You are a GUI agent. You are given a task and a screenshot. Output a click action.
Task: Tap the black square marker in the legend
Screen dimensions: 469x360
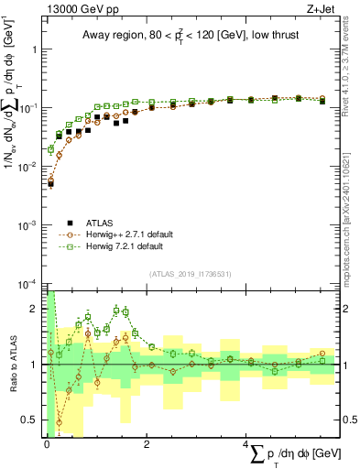point(71,223)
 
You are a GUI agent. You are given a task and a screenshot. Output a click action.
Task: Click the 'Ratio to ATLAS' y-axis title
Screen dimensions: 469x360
point(12,365)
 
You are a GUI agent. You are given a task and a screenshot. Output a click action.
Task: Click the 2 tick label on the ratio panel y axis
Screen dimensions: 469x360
point(34,309)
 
